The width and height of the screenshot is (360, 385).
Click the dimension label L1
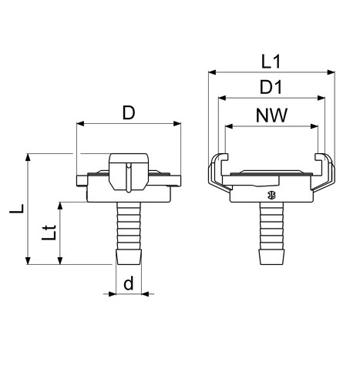click(x=271, y=62)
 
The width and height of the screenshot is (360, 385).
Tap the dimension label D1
click(x=271, y=87)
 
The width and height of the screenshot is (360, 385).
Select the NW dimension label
click(x=271, y=115)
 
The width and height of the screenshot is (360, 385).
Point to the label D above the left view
click(x=129, y=113)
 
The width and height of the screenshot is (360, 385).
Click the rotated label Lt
click(x=49, y=233)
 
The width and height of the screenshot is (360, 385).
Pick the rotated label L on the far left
click(x=17, y=209)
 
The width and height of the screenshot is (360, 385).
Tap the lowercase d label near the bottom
click(x=129, y=283)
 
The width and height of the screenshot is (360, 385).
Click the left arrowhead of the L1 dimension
click(x=212, y=72)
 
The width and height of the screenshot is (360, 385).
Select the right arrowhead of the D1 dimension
click(x=321, y=98)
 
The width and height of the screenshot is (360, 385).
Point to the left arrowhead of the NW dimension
click(x=229, y=126)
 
